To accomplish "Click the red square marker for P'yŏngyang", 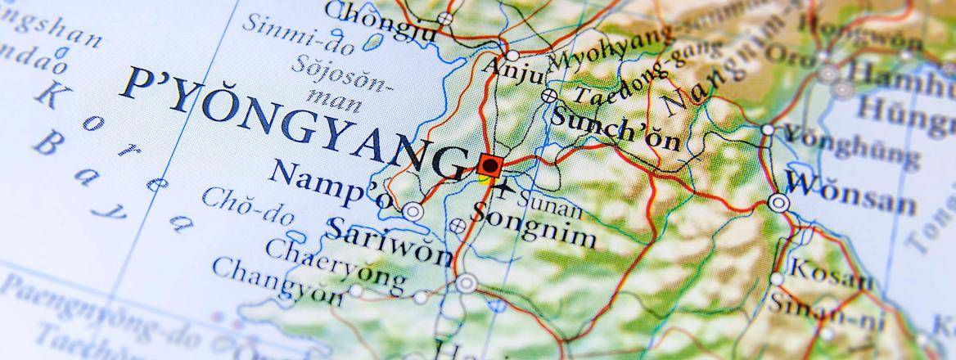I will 489,166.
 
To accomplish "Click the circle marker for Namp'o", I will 413,212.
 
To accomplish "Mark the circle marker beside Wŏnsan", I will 779,202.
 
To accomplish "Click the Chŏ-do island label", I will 246,208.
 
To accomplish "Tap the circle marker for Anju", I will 512,56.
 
